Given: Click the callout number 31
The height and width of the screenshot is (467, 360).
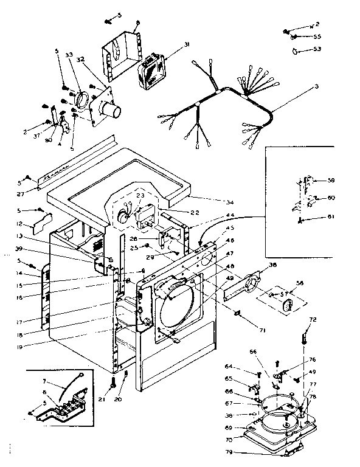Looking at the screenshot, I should pos(186,44).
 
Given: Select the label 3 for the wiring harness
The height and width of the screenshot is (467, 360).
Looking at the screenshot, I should pos(316,86).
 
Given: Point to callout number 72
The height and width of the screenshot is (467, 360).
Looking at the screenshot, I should pos(313,319).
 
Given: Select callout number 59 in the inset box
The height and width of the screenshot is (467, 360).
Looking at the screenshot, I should pos(331,180).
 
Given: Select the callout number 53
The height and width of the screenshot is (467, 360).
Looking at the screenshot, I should pos(317,49).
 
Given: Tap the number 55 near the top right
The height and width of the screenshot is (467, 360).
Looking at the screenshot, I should pos(317,36).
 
